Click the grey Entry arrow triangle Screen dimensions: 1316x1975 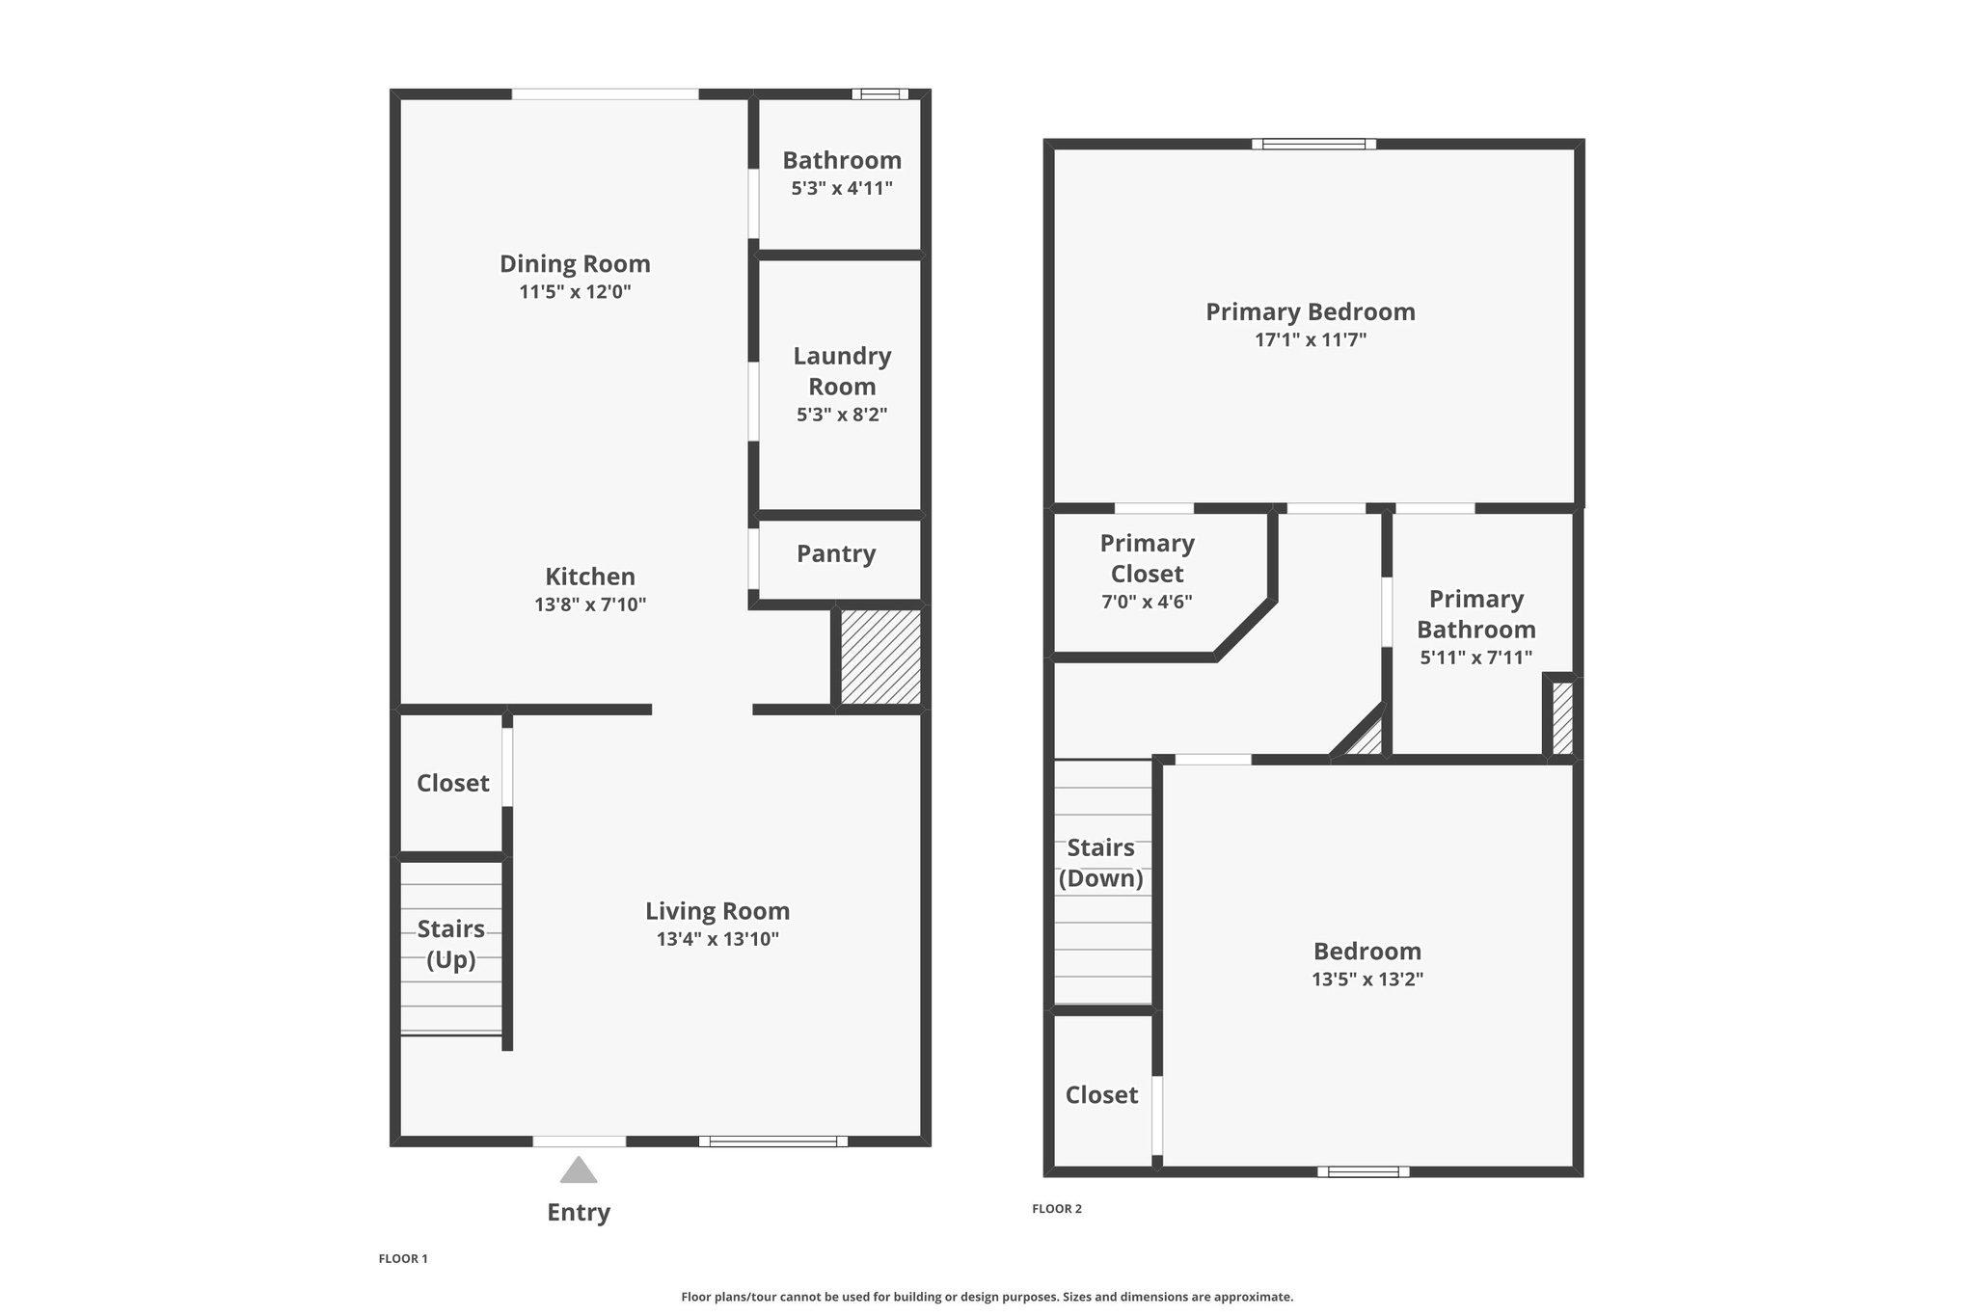579,1171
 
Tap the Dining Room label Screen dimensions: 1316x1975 575,263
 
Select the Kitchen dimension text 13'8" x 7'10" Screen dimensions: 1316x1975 590,604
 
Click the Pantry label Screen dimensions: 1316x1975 836,553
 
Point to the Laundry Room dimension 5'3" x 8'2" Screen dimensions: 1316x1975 842,415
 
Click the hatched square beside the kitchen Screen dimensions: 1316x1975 880,657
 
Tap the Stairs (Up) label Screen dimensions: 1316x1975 451,944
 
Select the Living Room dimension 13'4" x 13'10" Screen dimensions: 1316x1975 717,939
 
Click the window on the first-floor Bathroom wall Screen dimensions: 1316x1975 879,94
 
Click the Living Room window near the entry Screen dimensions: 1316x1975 772,1141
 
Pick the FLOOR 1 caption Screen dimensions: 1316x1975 403,1258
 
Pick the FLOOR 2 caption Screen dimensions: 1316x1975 1057,1208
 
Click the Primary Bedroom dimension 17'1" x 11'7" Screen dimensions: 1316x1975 1311,339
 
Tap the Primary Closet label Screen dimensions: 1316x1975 1147,558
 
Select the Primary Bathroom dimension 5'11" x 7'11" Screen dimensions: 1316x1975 1475,658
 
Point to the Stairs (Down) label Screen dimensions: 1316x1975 1100,863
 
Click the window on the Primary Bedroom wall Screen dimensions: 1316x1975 1313,145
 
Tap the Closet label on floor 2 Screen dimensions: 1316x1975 1101,1094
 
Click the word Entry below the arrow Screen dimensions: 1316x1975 579,1212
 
